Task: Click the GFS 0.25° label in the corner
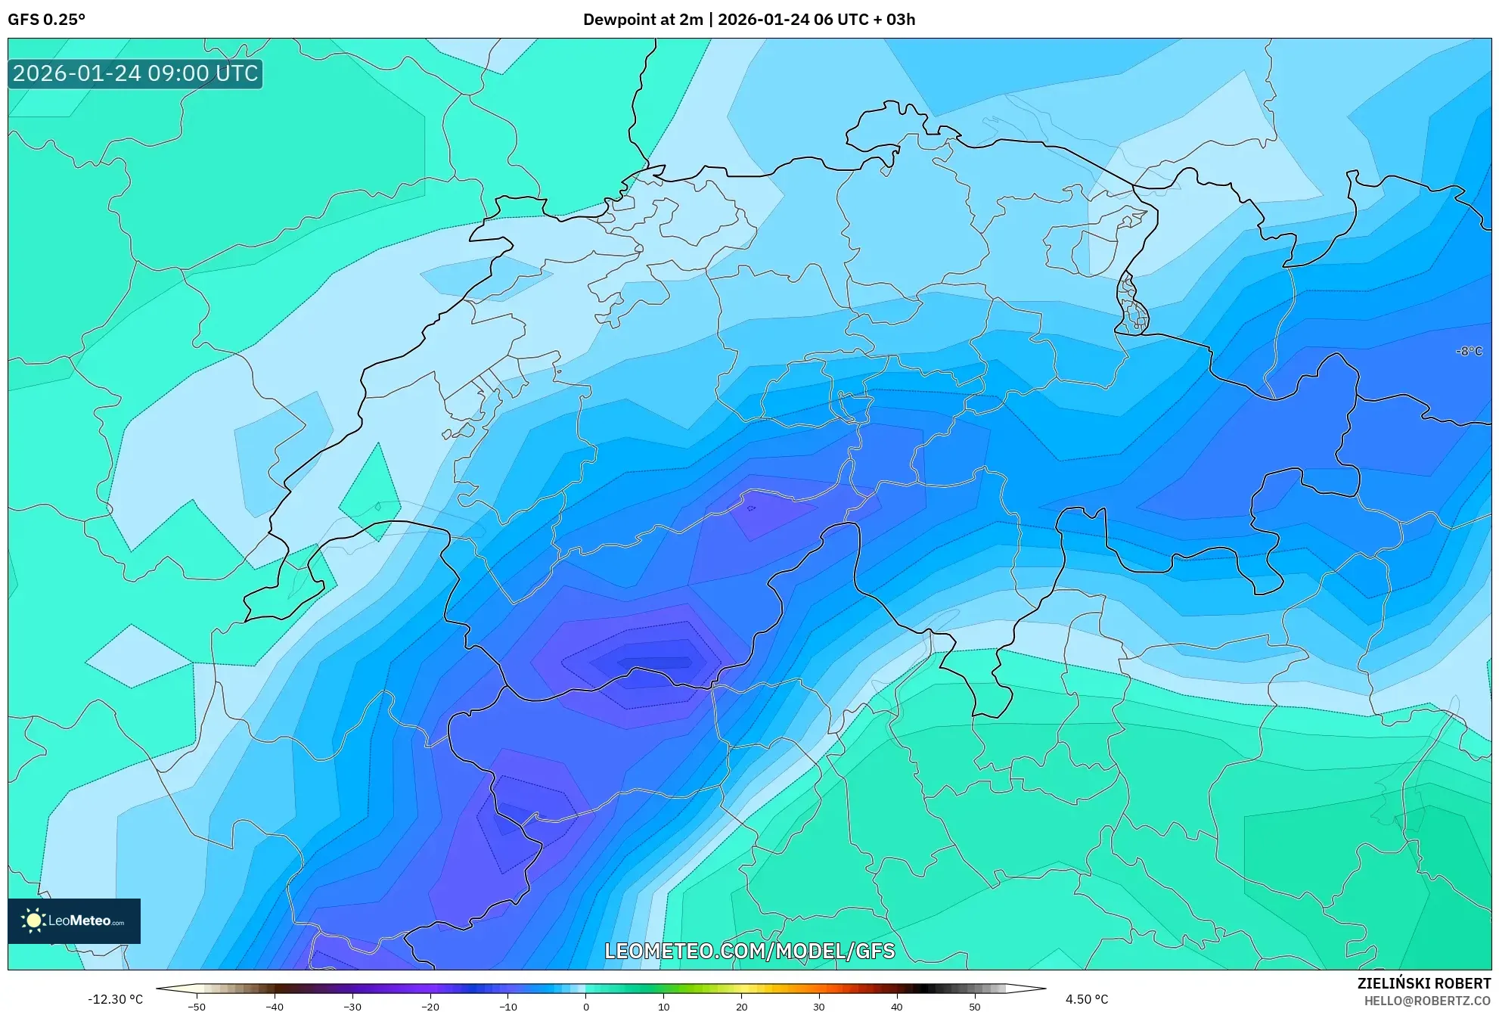(x=46, y=20)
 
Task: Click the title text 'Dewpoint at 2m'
(x=643, y=20)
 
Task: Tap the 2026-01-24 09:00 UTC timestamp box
(x=135, y=73)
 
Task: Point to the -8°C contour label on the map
(x=1469, y=351)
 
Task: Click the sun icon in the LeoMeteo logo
(x=33, y=920)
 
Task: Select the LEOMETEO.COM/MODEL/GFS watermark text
(x=749, y=951)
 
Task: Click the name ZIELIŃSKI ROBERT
(x=1423, y=983)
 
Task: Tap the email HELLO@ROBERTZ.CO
(x=1427, y=1001)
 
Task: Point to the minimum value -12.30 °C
(x=115, y=999)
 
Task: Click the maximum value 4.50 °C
(x=1087, y=999)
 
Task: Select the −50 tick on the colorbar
(x=196, y=1007)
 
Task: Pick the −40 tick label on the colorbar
(x=275, y=1007)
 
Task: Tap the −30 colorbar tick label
(x=352, y=1007)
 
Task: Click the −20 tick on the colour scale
(x=430, y=1007)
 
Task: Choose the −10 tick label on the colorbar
(x=508, y=1007)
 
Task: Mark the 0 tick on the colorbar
(x=586, y=1007)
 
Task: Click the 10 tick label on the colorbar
(x=664, y=1007)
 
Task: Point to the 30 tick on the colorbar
(x=819, y=1007)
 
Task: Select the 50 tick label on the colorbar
(x=975, y=1007)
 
